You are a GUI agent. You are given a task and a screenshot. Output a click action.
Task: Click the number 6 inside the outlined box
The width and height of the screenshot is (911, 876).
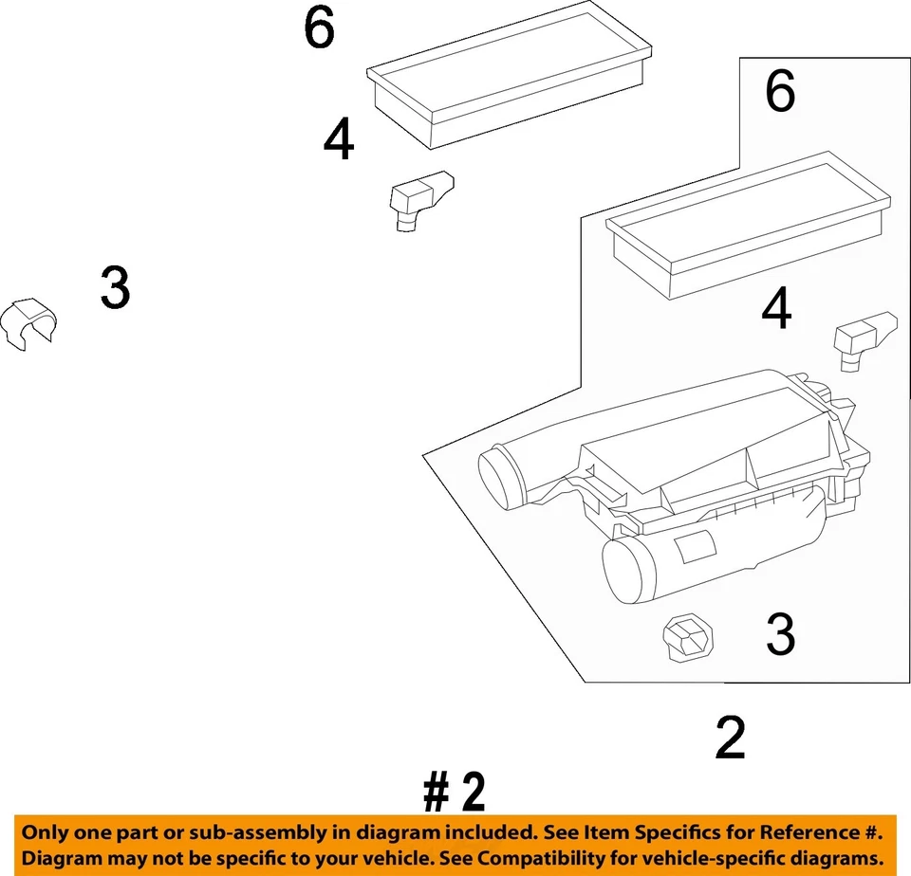pos(780,93)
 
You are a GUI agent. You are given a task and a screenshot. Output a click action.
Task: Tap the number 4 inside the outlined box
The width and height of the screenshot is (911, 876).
pos(777,311)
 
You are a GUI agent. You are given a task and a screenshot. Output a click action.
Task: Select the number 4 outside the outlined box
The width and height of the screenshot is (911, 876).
pos(339,142)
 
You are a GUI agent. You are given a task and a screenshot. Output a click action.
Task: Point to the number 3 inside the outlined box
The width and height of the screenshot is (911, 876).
pos(780,634)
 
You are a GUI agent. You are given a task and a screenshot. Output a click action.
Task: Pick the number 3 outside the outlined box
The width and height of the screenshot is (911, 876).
pos(115,288)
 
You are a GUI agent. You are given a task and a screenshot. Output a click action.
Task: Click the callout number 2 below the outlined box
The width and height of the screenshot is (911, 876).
pos(730,739)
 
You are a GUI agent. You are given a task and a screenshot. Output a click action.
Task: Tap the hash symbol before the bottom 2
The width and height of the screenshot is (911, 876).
pos(436,793)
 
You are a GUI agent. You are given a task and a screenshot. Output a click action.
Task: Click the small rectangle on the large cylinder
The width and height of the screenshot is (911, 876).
pos(698,551)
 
